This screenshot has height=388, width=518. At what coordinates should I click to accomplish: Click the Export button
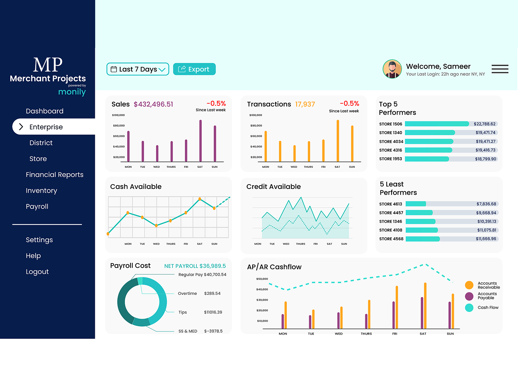point(194,69)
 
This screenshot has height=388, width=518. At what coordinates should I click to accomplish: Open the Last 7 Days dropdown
point(138,69)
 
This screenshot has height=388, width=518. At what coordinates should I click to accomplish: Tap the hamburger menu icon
point(500,69)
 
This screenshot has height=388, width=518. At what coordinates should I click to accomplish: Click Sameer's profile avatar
point(392,69)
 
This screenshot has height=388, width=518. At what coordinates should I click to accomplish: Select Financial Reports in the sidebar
point(54,175)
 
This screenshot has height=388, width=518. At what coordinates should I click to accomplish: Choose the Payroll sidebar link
point(37,206)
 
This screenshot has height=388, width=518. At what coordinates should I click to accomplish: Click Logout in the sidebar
point(37,272)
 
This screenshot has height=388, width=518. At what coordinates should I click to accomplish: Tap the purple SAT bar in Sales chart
point(200,141)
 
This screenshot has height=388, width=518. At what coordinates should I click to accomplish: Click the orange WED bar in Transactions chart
point(294,153)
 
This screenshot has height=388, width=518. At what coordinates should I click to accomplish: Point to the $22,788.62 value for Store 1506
point(484,124)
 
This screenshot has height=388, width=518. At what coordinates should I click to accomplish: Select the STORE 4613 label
point(390,204)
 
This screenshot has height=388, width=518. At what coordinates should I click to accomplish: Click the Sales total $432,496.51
point(153,104)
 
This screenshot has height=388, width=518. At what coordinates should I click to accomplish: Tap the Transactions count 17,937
point(305,104)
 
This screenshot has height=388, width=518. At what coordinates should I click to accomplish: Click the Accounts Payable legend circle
point(469,296)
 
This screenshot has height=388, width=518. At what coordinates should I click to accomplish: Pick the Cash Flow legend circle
point(469,308)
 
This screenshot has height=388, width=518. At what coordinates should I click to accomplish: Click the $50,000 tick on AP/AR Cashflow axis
point(262,279)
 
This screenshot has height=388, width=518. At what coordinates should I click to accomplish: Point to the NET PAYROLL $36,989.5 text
point(195,266)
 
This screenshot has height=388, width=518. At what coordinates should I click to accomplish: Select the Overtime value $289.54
point(212,293)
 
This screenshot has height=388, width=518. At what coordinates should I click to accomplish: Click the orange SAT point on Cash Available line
point(200,199)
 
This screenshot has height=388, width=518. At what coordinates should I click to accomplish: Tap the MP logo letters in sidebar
point(48,65)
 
